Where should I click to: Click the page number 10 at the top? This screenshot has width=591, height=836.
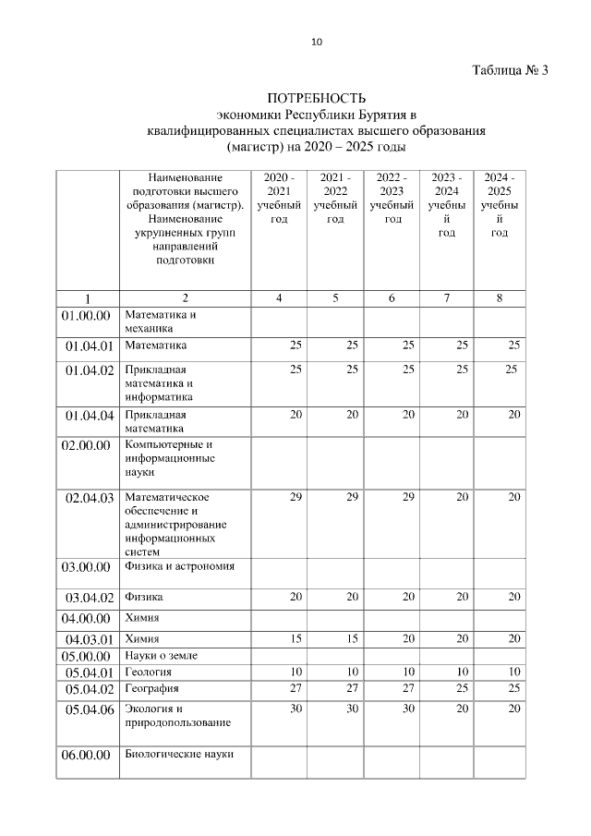317,42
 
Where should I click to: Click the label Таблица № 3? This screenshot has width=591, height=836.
511,71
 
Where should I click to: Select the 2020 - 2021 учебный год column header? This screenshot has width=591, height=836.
279,198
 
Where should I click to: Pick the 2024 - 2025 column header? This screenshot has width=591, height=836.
500,204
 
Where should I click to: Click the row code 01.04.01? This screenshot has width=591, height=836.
89,346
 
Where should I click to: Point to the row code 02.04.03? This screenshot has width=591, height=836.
89,498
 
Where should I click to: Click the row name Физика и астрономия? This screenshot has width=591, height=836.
179,566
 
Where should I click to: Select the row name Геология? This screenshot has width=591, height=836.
148,672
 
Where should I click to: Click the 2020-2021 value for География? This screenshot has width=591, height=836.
295,688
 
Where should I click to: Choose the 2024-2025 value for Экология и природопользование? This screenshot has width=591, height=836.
514,709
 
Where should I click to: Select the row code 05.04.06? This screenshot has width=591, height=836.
89,709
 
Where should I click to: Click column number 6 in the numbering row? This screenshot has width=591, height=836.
392,298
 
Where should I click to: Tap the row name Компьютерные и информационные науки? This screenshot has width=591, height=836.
170,458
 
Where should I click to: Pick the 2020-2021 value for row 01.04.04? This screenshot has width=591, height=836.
295,415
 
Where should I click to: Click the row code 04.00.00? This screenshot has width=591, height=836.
86,618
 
